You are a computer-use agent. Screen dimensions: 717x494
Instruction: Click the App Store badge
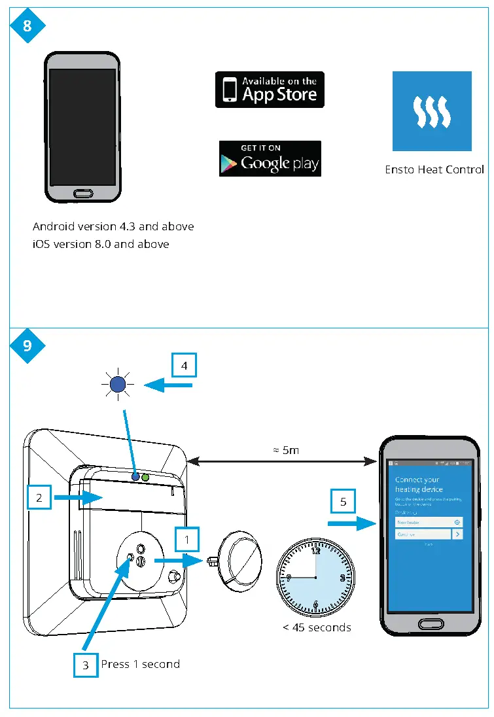coord(270,90)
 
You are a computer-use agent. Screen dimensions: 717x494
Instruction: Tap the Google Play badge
coord(270,158)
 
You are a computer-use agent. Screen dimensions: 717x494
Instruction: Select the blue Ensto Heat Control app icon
coord(432,111)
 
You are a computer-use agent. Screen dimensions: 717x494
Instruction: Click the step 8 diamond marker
coord(27,26)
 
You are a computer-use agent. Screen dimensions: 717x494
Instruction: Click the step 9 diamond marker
coord(27,345)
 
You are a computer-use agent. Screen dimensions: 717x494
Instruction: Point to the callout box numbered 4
coord(184,366)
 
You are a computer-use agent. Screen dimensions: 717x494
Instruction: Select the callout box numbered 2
coord(39,498)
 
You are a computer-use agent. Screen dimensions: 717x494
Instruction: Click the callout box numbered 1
coord(188,540)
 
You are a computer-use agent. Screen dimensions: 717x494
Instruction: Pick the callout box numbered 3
coord(85,665)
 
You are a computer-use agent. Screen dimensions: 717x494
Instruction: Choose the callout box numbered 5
coord(343,502)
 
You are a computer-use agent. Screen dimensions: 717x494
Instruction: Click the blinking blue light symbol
coord(117,385)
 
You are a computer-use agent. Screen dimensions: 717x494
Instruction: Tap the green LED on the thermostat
coord(145,478)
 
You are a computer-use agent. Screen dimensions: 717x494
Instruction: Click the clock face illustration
coord(315,578)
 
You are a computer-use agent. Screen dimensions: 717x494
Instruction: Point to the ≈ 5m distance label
coord(282,449)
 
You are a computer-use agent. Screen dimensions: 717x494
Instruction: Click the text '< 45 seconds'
coord(317,627)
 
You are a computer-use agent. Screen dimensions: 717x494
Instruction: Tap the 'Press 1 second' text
coord(140,664)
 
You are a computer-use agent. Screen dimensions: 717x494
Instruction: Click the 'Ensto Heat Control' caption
coord(434,169)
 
